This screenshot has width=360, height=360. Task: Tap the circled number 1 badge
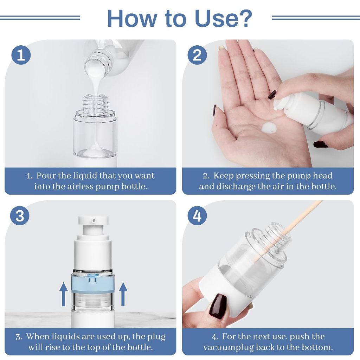coord(21,55)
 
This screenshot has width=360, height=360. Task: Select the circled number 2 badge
coord(197,55)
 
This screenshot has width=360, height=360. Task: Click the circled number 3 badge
coord(20,216)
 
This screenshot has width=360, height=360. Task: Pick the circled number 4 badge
coord(197,216)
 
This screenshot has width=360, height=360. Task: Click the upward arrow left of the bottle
coord(64,294)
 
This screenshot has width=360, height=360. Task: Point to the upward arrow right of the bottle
coord(123,294)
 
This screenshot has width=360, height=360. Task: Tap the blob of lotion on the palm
coord(269,128)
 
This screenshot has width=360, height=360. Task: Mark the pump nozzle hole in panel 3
coord(94,221)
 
